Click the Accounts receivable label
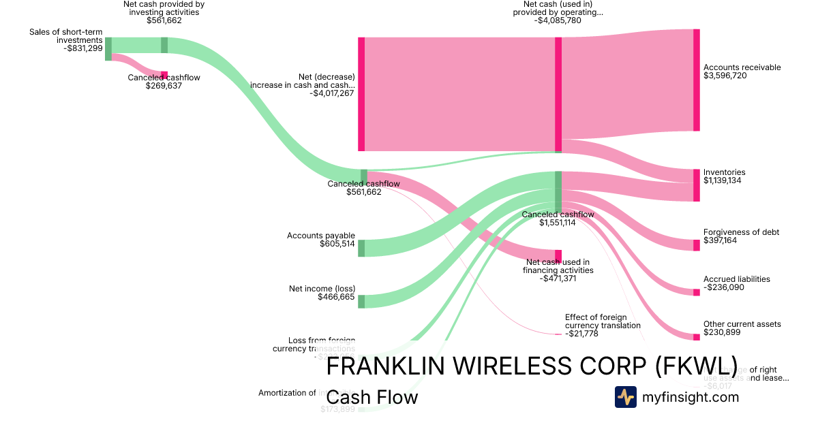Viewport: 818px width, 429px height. [x=742, y=67]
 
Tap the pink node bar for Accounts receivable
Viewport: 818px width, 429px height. [x=696, y=80]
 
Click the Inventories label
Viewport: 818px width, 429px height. [x=724, y=172]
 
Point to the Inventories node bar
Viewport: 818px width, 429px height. [x=696, y=185]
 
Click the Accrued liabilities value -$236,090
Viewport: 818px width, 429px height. [x=724, y=288]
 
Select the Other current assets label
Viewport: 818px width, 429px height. [x=742, y=324]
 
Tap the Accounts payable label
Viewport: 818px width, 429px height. [x=321, y=236]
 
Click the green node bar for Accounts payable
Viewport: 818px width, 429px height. [x=361, y=248]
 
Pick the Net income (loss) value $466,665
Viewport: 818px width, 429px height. [x=336, y=297]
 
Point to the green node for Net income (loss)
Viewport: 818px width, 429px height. [x=361, y=301]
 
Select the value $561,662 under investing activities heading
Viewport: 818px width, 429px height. [x=164, y=20]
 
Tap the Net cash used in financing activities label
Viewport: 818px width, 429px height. [x=558, y=266]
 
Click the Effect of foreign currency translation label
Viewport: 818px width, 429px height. [x=603, y=321]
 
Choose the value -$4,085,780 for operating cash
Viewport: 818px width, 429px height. [x=558, y=20]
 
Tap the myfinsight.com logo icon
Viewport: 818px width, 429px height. [x=625, y=397]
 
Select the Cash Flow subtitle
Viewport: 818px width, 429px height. [x=372, y=397]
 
